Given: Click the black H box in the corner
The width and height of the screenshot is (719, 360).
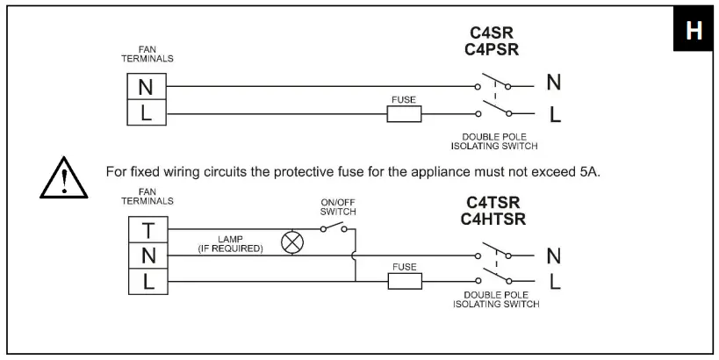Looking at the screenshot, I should (693, 31).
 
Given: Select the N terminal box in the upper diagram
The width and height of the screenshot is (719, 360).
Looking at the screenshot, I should (146, 87).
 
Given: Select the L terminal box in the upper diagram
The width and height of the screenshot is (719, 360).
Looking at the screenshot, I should (146, 112).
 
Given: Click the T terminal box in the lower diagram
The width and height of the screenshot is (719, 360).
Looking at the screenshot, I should (148, 230).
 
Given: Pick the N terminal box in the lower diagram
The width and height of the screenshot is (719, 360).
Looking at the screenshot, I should (148, 256).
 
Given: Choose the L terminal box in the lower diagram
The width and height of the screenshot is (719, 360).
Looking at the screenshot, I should (148, 281).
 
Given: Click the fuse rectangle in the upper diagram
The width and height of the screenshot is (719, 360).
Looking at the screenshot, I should (404, 113).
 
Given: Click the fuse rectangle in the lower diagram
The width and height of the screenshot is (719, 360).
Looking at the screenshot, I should (405, 281).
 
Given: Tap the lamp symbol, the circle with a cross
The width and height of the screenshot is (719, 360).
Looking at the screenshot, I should (291, 243).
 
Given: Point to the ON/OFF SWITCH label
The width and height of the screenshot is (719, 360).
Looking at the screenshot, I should (337, 207).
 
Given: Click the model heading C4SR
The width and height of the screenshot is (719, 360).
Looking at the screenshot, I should (492, 34).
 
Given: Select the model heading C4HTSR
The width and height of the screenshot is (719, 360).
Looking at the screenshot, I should (493, 219).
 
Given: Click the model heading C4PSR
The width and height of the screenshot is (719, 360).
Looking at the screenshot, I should (492, 50).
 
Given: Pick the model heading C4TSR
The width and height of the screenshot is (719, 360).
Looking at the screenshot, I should (493, 202).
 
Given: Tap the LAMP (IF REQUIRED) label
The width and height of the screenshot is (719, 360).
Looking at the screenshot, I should (231, 243).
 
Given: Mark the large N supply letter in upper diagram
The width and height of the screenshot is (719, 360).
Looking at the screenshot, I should (554, 83).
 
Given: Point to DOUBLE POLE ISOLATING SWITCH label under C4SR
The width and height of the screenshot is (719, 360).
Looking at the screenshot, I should (500, 141).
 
